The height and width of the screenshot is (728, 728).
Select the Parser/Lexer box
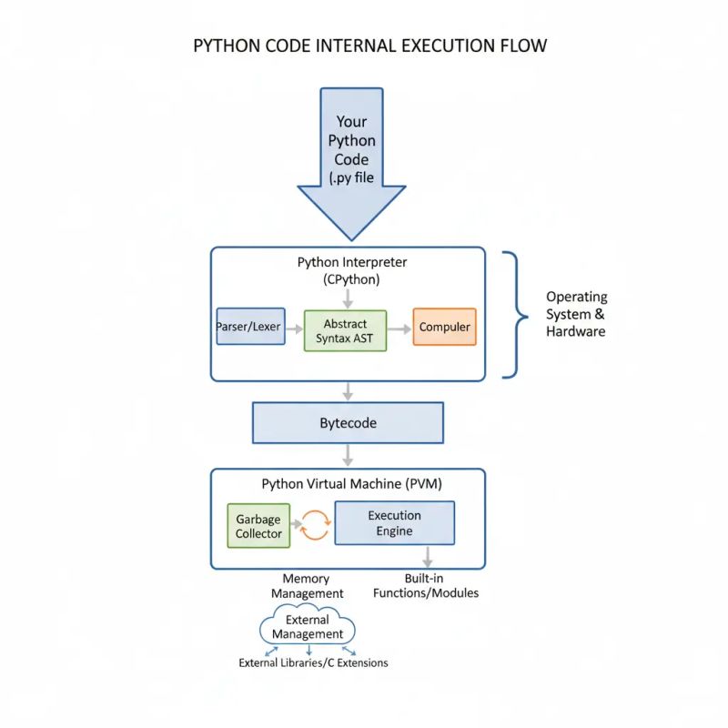pyautogui.click(x=248, y=327)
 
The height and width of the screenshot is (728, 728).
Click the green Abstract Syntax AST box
pyautogui.click(x=344, y=330)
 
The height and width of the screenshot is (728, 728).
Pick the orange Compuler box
pyautogui.click(x=444, y=327)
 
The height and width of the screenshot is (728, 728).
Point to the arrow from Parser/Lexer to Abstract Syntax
pyautogui.click(x=292, y=328)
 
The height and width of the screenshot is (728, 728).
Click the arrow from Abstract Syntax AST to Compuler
pyautogui.click(x=399, y=328)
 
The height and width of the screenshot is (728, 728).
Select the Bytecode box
pyautogui.click(x=348, y=423)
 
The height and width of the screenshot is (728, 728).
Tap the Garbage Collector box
pyautogui.click(x=258, y=526)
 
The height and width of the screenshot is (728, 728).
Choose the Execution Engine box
pyautogui.click(x=394, y=522)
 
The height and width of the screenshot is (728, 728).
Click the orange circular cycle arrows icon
pyautogui.click(x=314, y=525)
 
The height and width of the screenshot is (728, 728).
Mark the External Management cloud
pyautogui.click(x=308, y=627)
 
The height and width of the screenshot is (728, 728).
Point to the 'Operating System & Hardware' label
pyautogui.click(x=576, y=314)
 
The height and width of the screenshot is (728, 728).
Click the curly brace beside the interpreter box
pyautogui.click(x=515, y=315)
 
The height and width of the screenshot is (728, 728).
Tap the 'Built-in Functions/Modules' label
pyautogui.click(x=426, y=586)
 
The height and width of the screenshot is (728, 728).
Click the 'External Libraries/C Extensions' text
pyautogui.click(x=313, y=662)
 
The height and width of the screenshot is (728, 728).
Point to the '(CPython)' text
pyautogui.click(x=351, y=279)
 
